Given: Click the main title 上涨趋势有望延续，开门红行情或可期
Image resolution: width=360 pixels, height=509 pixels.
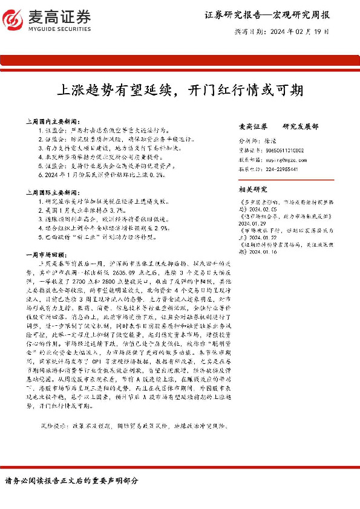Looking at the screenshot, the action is click(179, 91).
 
